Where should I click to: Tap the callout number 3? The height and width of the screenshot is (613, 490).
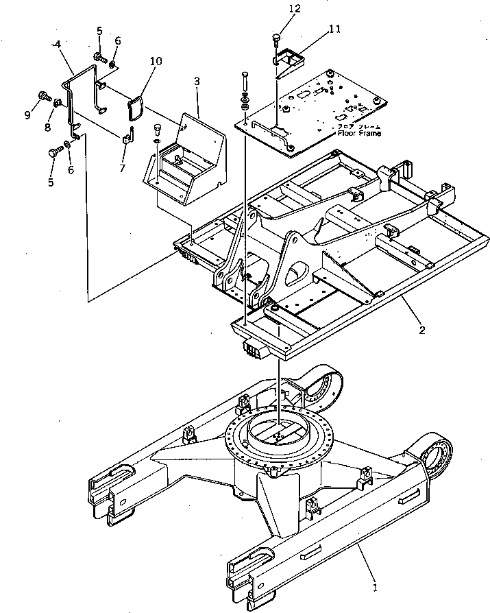click(197, 81)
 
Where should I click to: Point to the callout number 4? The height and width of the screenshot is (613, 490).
click(56, 45)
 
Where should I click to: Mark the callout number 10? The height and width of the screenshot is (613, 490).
click(156, 61)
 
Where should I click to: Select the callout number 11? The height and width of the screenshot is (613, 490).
click(334, 29)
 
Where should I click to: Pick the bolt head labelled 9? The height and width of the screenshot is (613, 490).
click(43, 96)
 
